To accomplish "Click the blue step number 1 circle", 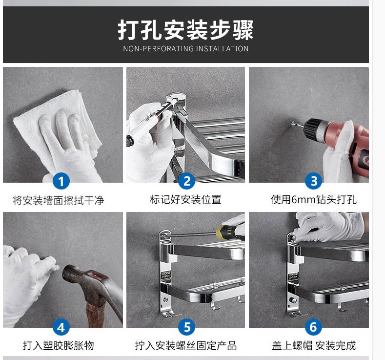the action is [x=61, y=181].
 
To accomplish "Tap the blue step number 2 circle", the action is [x=187, y=181].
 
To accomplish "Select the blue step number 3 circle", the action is [x=314, y=181].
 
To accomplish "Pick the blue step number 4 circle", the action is [x=61, y=327].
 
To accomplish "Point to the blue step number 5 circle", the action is [x=187, y=327].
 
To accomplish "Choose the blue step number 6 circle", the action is [x=314, y=327].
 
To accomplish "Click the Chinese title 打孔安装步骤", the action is [x=185, y=30].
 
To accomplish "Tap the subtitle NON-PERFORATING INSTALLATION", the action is [x=185, y=49].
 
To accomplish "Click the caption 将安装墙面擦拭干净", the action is [x=58, y=200].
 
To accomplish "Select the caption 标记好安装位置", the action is [x=185, y=199].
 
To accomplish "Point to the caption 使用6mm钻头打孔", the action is [x=314, y=199].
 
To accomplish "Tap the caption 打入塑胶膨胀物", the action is [x=58, y=345].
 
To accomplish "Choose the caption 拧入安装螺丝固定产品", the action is [x=186, y=345].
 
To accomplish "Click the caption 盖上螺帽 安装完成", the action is [x=314, y=345].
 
